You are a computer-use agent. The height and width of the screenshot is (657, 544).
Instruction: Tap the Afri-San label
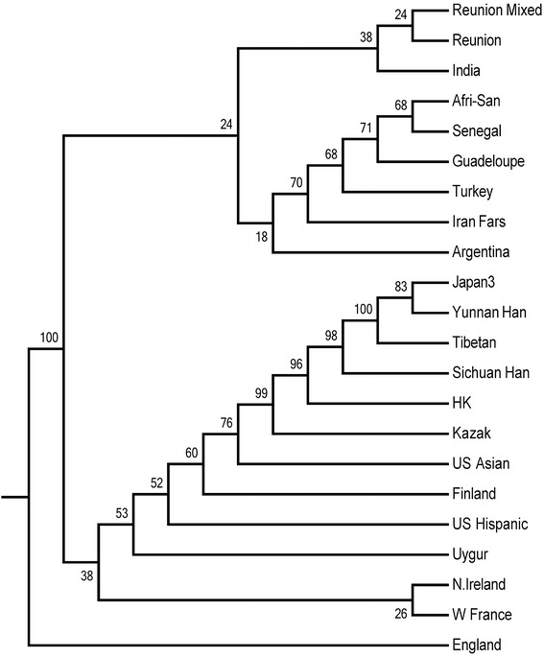[473, 101]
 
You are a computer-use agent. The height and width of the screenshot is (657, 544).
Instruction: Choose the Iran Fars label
[477, 222]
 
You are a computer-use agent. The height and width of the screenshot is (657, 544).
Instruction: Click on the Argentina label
[480, 252]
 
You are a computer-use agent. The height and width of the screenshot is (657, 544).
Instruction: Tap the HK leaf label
[460, 403]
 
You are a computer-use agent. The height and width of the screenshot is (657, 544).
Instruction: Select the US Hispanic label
[487, 524]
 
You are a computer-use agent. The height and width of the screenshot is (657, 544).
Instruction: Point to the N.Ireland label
[479, 585]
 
